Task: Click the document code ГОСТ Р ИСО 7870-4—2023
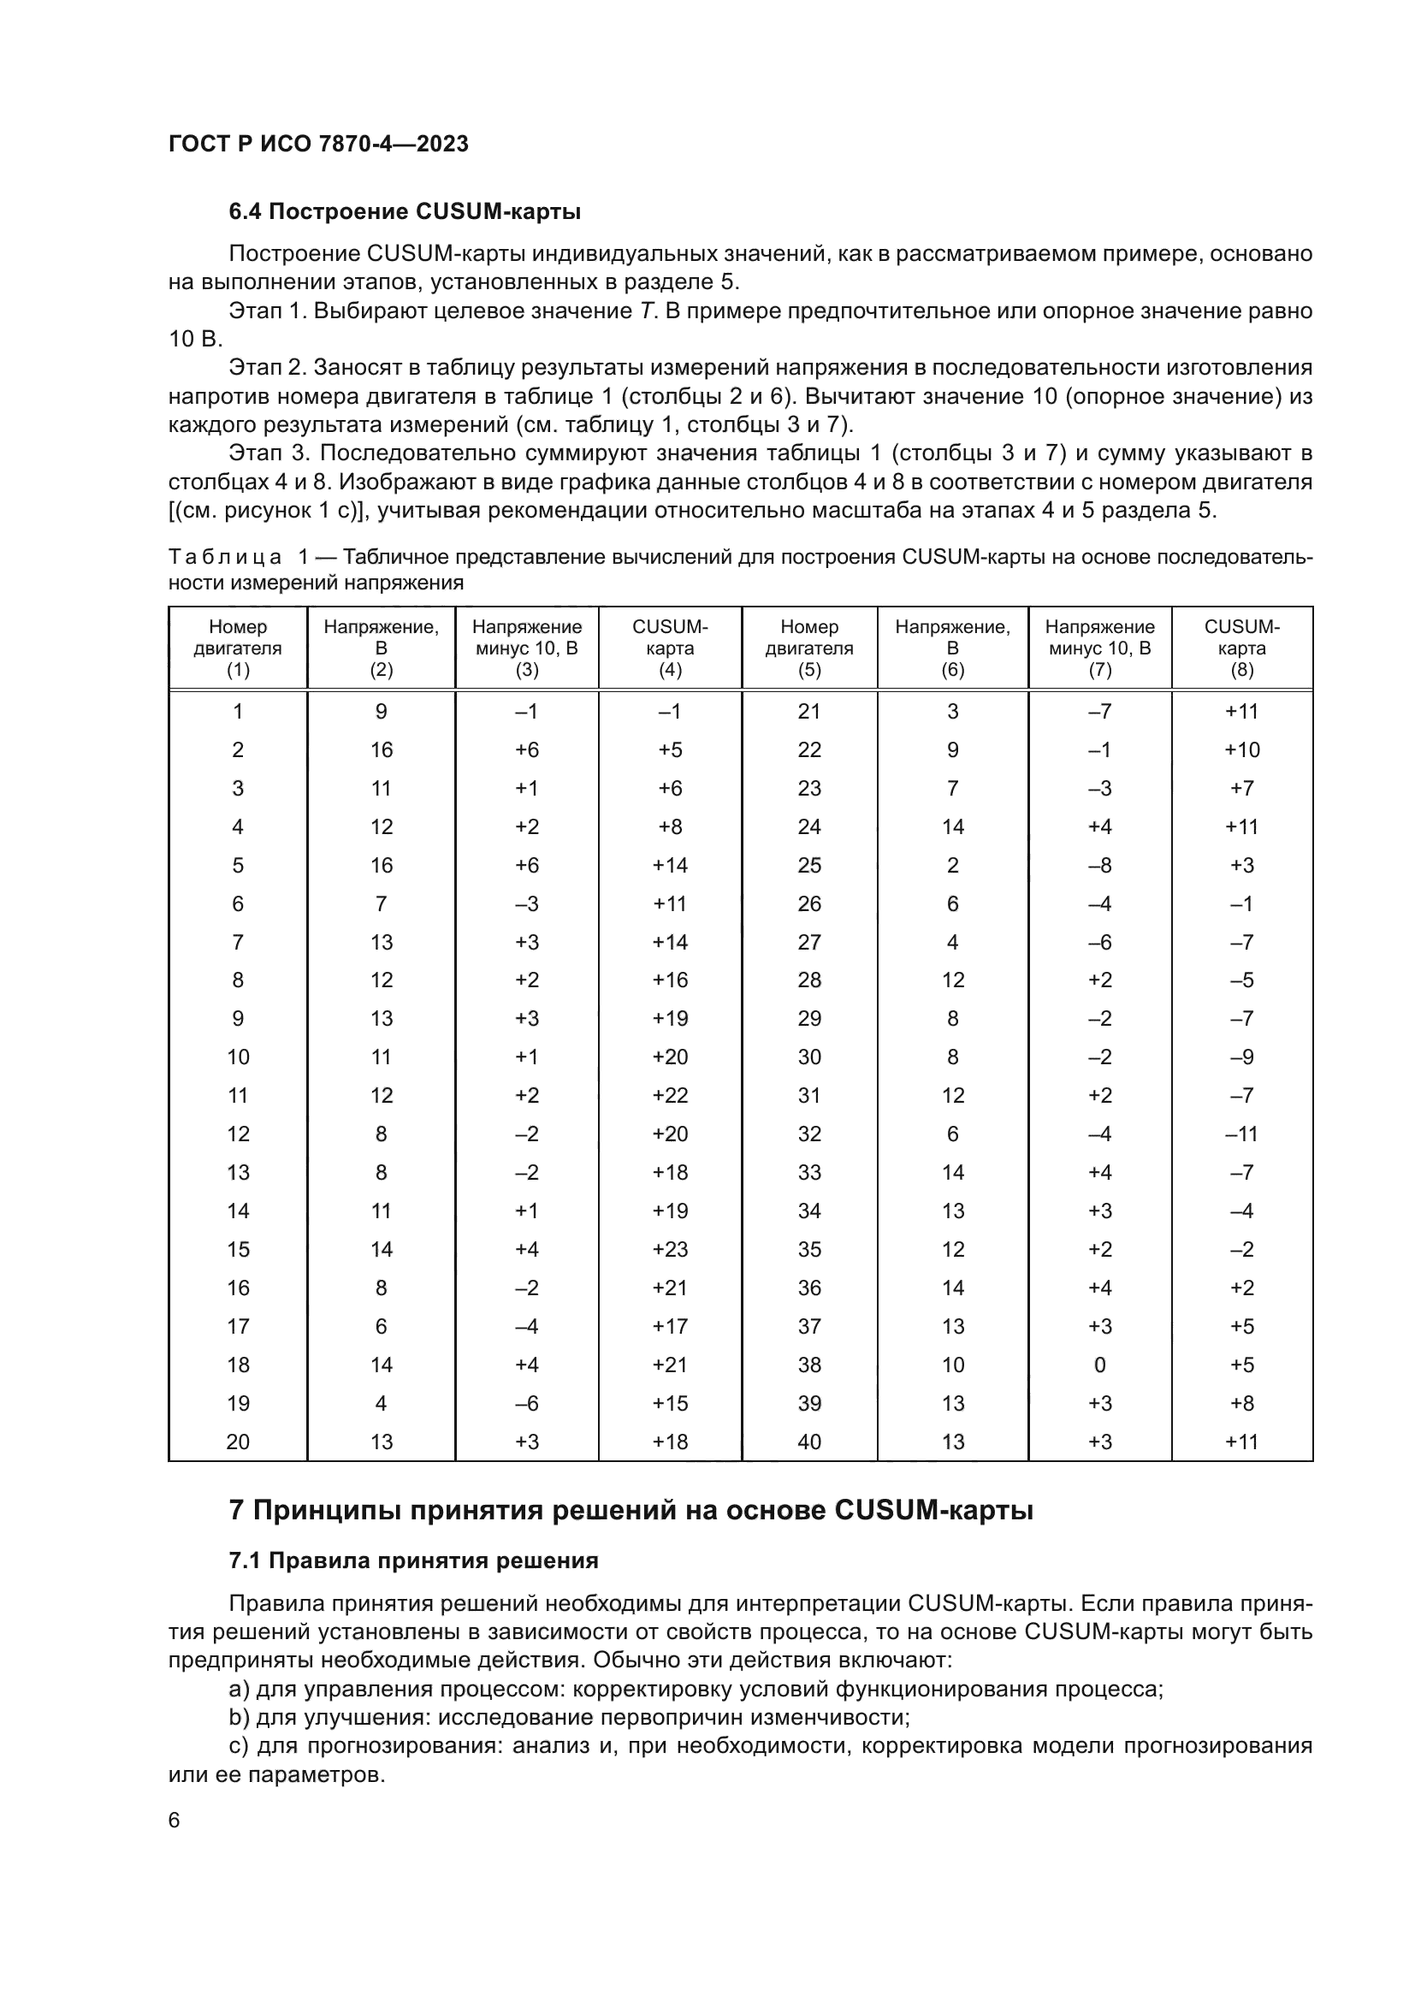coord(318,144)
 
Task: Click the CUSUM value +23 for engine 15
coord(669,1249)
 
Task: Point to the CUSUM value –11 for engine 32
coord(1241,1134)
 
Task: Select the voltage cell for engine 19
coord(381,1403)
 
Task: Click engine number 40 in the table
coord(808,1442)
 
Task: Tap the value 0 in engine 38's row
coord(1099,1365)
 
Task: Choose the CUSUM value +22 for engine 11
coord(669,1096)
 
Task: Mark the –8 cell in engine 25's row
coord(1099,866)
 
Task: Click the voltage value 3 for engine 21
coord(952,711)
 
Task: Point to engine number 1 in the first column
coord(238,711)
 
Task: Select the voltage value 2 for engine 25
coord(952,866)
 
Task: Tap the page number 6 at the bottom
coord(175,1820)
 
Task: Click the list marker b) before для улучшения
coord(239,1718)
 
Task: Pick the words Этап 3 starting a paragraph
coord(269,453)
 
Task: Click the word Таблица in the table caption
coord(225,557)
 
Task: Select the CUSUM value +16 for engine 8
coord(669,980)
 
